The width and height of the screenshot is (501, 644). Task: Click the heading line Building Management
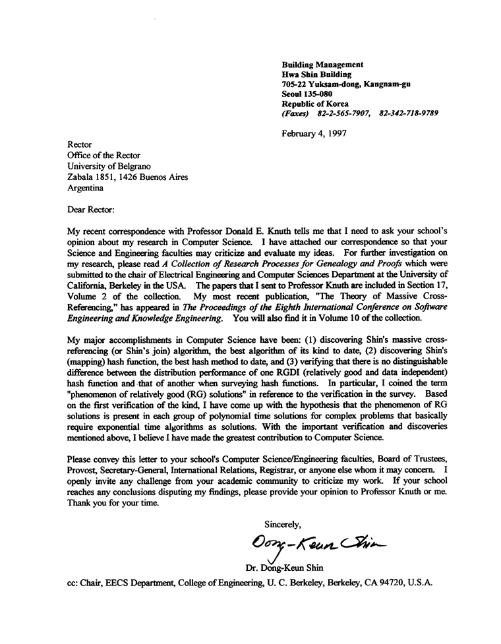[x=322, y=65]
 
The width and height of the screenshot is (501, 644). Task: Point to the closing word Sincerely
[x=283, y=524]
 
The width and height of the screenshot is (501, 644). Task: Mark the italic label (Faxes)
[x=295, y=113]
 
